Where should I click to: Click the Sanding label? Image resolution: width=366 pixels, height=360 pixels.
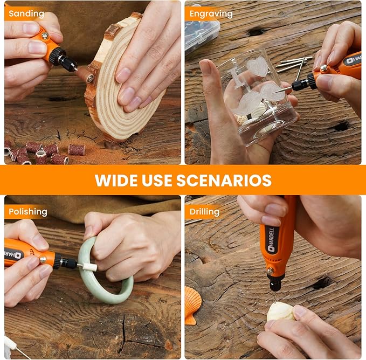click(26, 14)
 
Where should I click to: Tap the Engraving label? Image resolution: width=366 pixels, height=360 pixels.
click(211, 14)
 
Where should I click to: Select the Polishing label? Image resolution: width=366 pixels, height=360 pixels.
click(28, 212)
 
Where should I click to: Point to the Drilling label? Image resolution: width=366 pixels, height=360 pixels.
click(204, 212)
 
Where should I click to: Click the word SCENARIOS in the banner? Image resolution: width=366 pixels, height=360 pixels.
click(224, 180)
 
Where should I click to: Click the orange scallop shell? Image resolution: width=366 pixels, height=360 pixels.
click(193, 305)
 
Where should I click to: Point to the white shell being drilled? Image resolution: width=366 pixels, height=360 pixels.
click(281, 311)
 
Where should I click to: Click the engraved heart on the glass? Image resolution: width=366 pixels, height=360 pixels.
click(257, 66)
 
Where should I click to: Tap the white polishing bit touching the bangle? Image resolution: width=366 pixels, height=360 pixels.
click(89, 267)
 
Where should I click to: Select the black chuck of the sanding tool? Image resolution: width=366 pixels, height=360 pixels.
click(65, 59)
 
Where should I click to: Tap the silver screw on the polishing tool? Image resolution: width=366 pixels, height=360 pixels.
click(43, 259)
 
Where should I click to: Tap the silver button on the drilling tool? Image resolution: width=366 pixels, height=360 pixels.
click(270, 271)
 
